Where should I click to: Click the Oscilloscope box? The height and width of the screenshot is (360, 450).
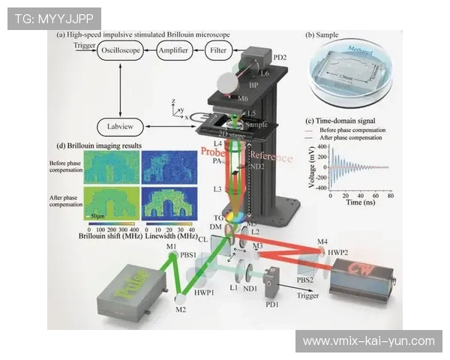[122, 50]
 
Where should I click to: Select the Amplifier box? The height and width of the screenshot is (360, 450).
[173, 50]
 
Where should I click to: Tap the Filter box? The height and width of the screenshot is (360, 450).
[218, 50]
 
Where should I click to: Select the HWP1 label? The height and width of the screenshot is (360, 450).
[203, 291]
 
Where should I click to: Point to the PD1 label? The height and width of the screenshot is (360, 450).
[271, 304]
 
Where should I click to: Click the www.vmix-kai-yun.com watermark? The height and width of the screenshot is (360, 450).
[368, 341]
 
